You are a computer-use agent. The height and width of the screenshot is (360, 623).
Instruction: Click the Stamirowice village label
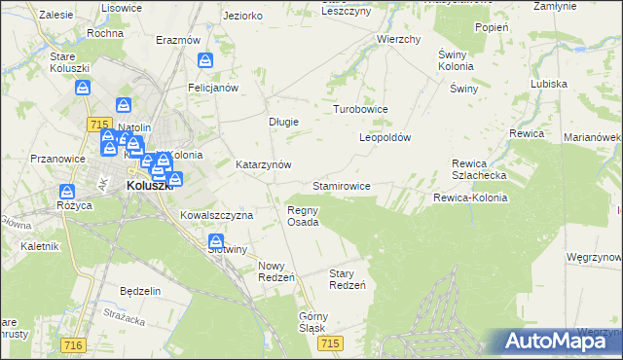coord(341,185)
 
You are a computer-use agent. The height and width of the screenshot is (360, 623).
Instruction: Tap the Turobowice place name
coord(361,110)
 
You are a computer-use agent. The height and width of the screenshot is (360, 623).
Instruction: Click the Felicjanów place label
coord(213,88)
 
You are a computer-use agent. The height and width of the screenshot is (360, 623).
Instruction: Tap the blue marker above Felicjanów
coord(205,61)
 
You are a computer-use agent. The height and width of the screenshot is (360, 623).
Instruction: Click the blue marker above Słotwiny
coord(216,243)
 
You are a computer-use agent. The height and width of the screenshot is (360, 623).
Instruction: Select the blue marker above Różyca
coord(67,193)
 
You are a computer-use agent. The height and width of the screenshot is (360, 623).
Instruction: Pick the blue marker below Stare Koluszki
coord(84,89)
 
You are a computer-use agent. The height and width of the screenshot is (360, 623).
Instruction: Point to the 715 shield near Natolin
coord(96,124)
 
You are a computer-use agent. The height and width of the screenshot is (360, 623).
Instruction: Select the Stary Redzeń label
coord(348,279)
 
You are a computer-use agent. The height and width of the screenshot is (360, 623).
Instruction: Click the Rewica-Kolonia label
coord(470,198)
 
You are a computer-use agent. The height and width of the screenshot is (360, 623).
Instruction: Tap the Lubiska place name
coord(549,84)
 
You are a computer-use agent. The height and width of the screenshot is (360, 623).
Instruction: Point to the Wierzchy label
coord(398,40)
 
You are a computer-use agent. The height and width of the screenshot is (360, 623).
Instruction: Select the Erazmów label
coord(178,41)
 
